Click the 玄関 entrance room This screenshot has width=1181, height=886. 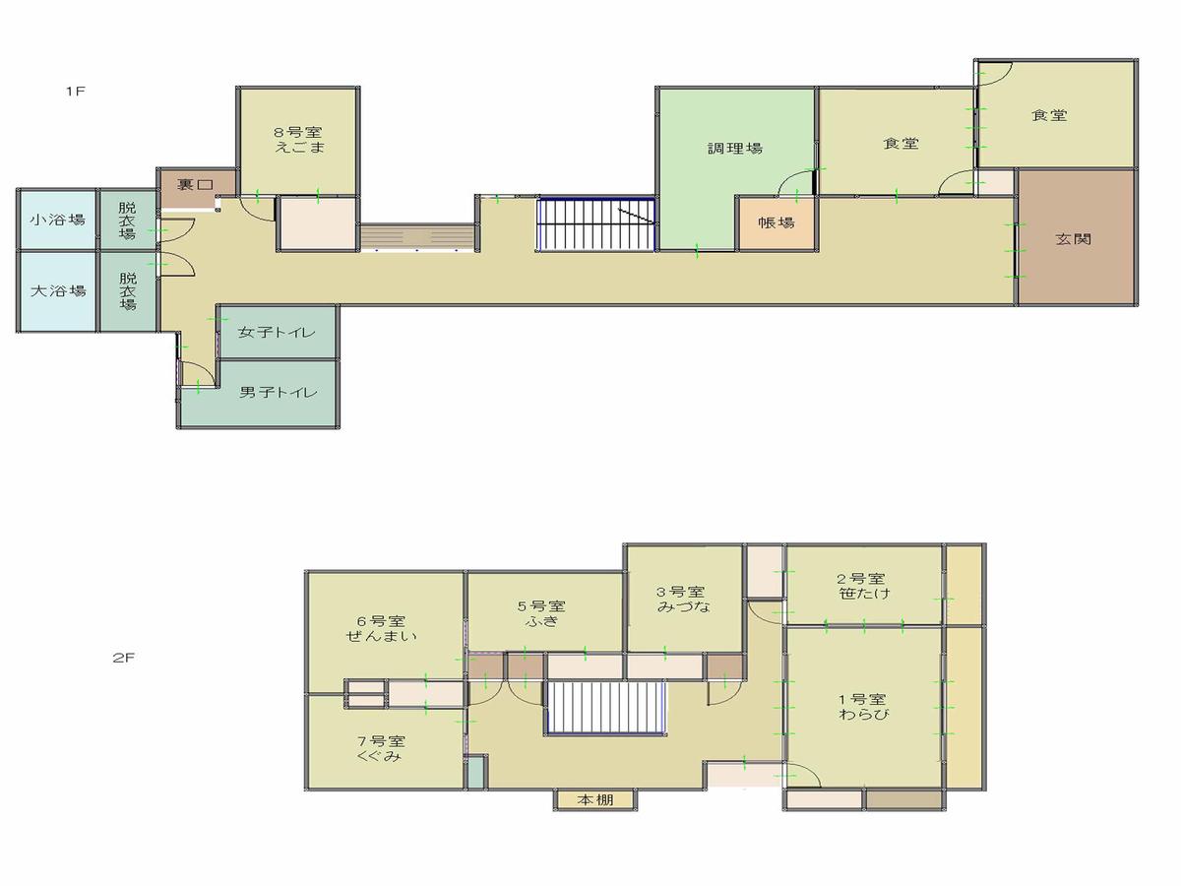(x=1077, y=237)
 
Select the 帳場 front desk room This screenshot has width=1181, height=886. (x=777, y=222)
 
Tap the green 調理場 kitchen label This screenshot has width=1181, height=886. (x=734, y=148)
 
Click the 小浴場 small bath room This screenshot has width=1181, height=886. (x=57, y=220)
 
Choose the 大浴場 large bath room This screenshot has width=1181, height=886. (x=57, y=291)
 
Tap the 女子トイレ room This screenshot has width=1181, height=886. (x=278, y=332)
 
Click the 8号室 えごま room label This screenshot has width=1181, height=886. (x=299, y=140)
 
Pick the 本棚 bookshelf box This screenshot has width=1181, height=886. (x=595, y=800)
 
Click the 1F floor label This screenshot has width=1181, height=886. (x=76, y=91)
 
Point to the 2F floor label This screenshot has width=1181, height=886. (x=123, y=658)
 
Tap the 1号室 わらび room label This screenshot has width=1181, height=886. (x=863, y=706)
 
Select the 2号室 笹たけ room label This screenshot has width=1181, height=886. (x=862, y=586)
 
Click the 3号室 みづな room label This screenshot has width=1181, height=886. (x=683, y=600)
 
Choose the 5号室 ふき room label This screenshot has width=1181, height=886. (x=542, y=613)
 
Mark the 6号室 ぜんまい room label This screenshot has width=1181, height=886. (x=381, y=628)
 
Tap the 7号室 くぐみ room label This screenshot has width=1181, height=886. (x=381, y=749)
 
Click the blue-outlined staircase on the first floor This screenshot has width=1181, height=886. (x=596, y=224)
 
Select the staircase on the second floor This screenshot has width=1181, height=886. (x=606, y=707)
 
